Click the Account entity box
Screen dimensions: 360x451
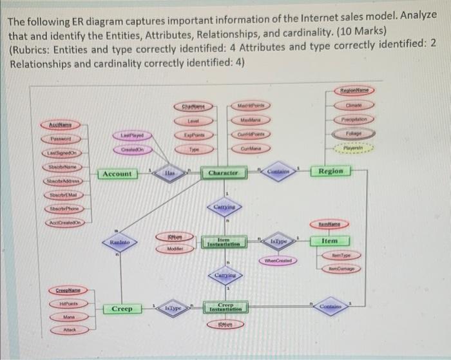click(117, 174)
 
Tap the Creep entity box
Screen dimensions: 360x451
click(122, 309)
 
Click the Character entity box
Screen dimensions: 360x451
click(223, 173)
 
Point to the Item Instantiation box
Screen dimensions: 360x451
click(223, 242)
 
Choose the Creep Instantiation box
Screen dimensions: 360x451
click(224, 310)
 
